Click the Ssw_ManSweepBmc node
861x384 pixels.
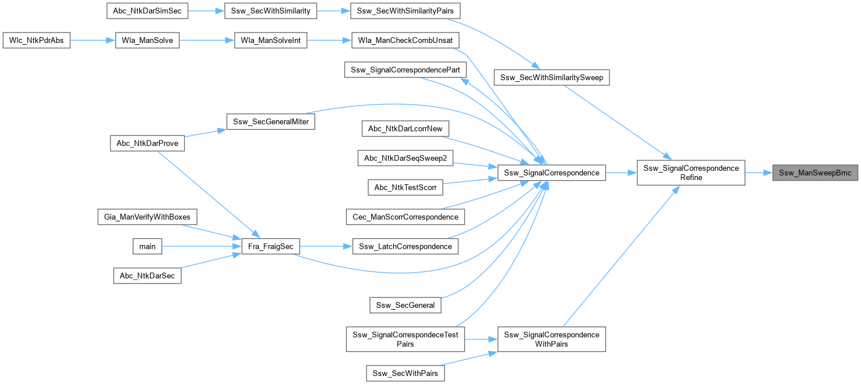815,173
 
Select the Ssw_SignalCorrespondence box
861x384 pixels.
551,173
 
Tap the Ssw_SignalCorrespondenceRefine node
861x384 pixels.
691,173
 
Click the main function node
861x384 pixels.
148,246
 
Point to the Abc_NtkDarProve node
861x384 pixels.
148,143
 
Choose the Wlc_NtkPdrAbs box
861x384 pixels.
37,41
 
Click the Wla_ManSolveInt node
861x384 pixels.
270,41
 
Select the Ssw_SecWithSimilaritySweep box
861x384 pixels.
551,77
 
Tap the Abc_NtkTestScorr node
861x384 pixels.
406,187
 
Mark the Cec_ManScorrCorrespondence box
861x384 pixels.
405,217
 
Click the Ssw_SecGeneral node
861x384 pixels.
406,305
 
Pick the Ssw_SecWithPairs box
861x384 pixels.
406,373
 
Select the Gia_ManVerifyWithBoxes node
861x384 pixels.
148,217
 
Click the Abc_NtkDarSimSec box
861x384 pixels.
148,11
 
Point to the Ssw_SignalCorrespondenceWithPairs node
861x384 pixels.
551,339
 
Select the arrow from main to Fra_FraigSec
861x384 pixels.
197,246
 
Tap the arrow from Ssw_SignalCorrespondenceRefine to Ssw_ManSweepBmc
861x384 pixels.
758,173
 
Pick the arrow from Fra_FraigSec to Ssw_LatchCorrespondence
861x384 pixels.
326,246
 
